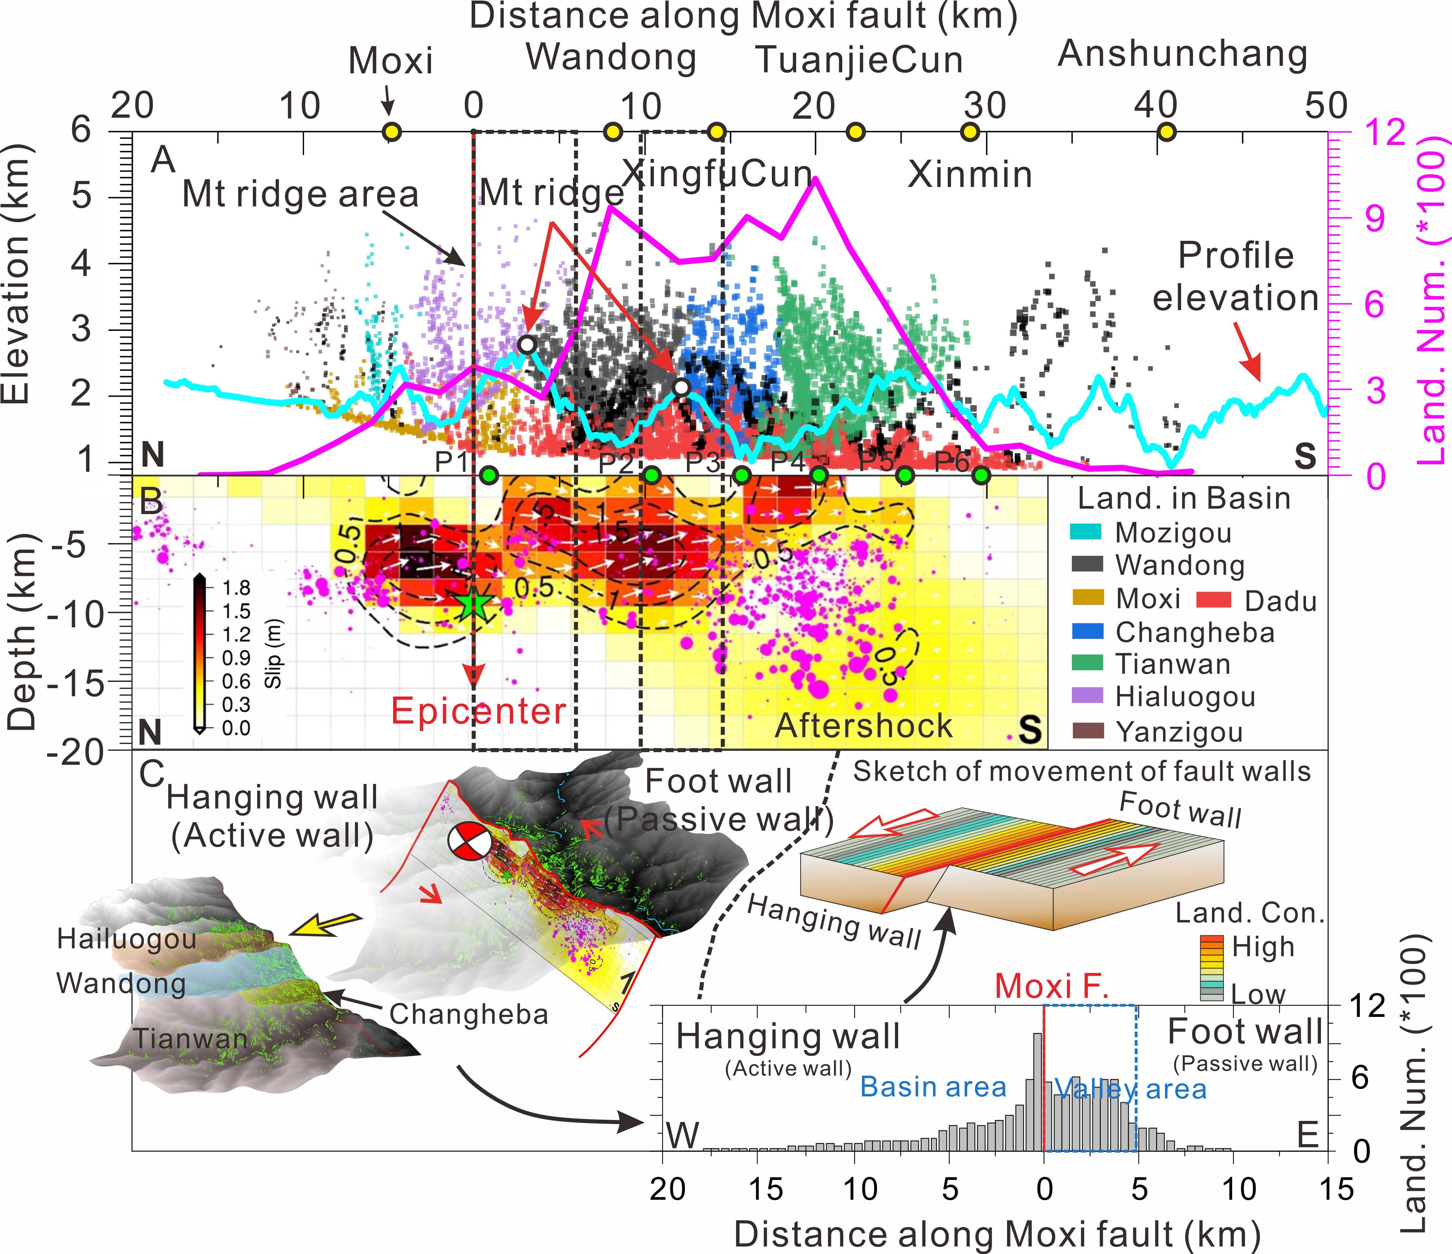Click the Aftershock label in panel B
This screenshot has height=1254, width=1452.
tap(863, 726)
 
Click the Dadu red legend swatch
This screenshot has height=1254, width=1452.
tap(1214, 600)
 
